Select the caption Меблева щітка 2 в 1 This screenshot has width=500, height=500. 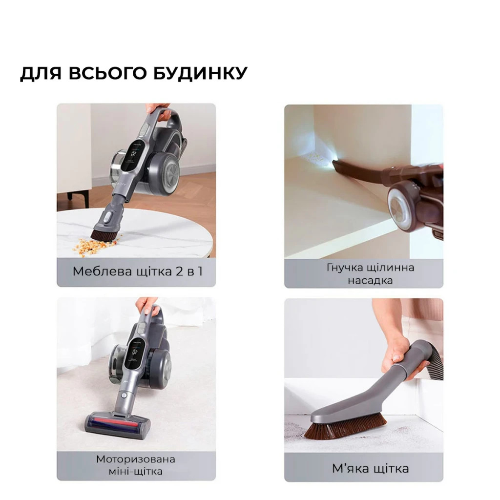(137, 271)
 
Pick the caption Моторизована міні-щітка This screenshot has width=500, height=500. (136, 465)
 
